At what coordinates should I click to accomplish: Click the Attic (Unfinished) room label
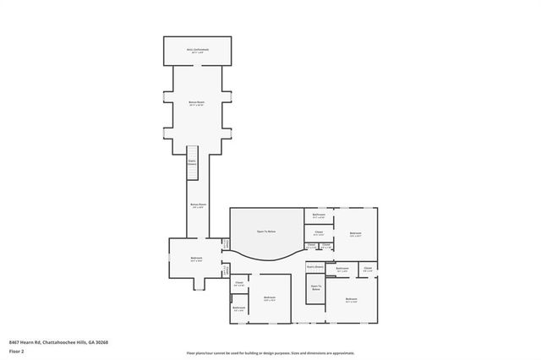tap(198, 50)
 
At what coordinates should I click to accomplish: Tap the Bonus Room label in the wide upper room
tap(197, 102)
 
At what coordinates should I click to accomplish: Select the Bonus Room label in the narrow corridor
tap(197, 205)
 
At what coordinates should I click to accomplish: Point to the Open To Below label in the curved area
tap(266, 231)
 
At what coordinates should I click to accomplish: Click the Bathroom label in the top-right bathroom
tap(319, 215)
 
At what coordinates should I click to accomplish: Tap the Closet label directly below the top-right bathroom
tap(319, 232)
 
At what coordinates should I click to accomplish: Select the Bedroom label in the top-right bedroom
tap(355, 232)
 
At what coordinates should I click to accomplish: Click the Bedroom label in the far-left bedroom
tap(196, 258)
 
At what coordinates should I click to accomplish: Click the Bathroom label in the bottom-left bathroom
tap(238, 308)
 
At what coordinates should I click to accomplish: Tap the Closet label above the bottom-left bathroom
tap(238, 283)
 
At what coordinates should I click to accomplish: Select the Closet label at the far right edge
tap(368, 270)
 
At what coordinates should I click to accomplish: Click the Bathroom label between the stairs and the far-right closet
tap(342, 270)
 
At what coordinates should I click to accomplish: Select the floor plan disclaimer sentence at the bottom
tap(270, 352)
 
